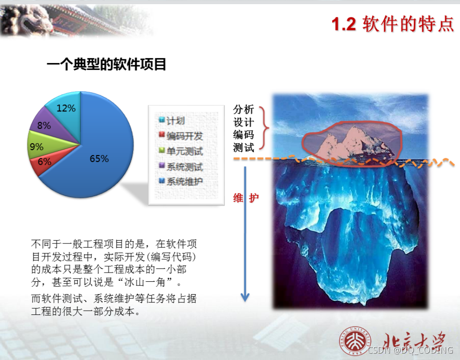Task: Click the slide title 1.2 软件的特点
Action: (393, 24)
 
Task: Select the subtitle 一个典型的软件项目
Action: (106, 64)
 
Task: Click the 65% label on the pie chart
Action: (99, 159)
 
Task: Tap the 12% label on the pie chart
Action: (66, 108)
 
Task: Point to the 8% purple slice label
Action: (44, 125)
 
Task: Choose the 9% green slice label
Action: (36, 147)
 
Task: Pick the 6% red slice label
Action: (44, 162)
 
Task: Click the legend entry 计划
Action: (175, 121)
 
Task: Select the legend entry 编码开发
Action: (184, 136)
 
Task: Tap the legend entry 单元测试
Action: (184, 151)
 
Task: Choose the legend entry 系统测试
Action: (184, 167)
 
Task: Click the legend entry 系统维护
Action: (184, 181)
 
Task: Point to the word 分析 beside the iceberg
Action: (243, 110)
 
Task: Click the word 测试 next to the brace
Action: (243, 148)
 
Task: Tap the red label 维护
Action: (246, 198)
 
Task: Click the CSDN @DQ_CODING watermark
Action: (411, 351)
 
